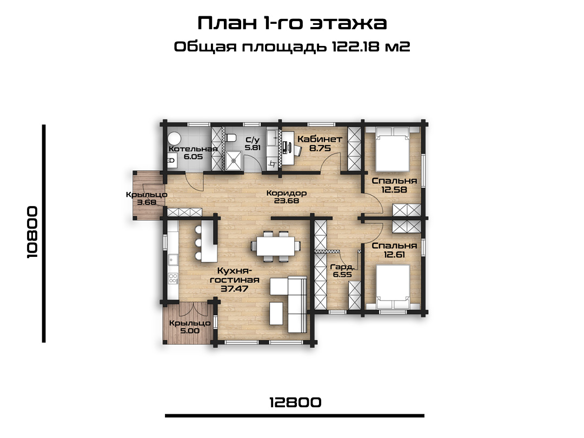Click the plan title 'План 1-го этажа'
(x=292, y=23)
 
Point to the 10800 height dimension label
(x=32, y=233)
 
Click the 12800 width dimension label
(x=295, y=402)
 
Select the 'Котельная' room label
(x=193, y=149)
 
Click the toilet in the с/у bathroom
(x=231, y=137)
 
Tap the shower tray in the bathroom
(x=234, y=161)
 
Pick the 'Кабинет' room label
(x=320, y=140)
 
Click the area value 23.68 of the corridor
(x=287, y=201)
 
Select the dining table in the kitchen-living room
(x=276, y=246)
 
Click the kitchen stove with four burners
(x=173, y=278)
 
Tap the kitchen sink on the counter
(x=173, y=259)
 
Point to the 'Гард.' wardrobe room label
(x=342, y=267)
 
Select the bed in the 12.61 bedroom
(x=393, y=287)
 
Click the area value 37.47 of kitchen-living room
(x=234, y=289)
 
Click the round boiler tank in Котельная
(x=174, y=139)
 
